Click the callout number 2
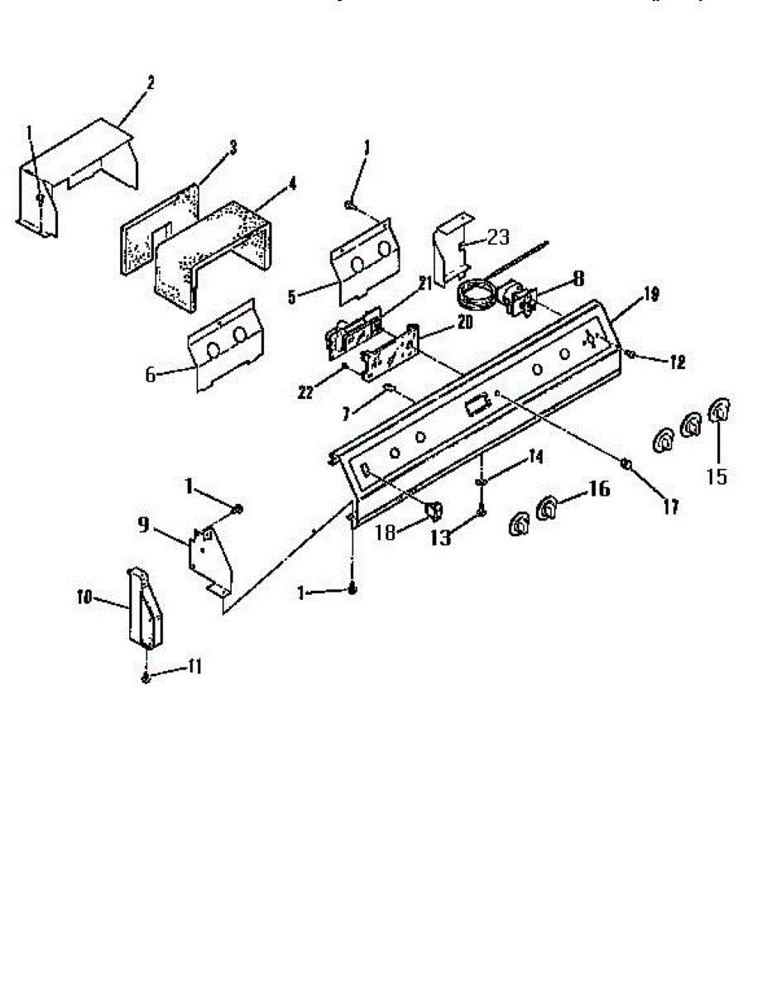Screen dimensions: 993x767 151,84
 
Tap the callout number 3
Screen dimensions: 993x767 232,147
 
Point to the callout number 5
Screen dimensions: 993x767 292,295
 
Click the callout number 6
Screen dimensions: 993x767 150,374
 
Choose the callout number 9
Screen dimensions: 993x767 145,524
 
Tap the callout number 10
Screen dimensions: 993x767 84,597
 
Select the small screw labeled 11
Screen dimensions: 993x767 146,679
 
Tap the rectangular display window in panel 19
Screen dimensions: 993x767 474,405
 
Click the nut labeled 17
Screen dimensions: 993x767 627,465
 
